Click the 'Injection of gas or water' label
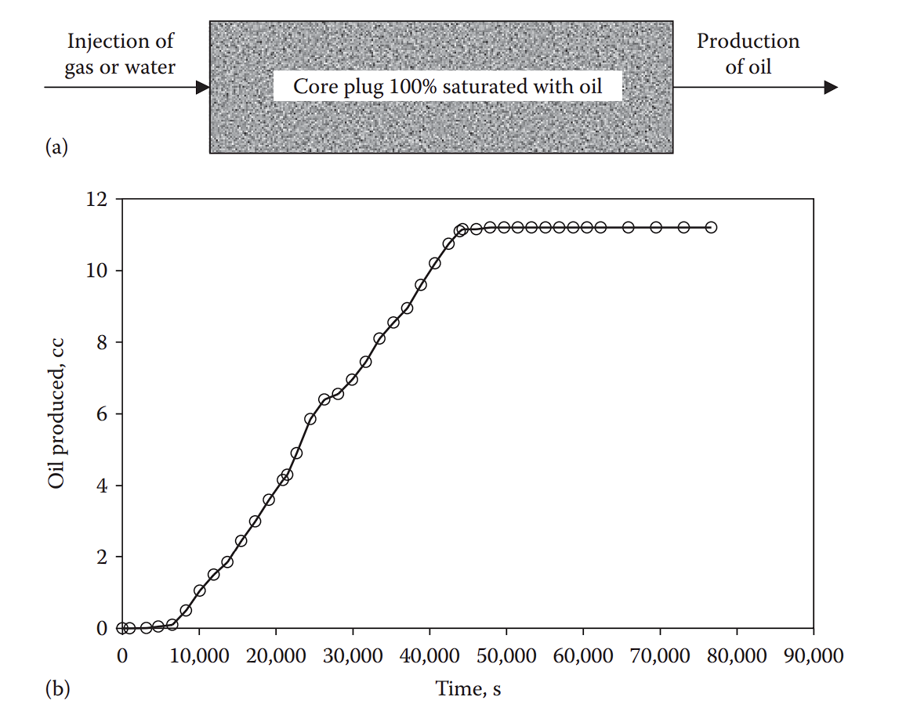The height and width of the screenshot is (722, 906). pos(121,53)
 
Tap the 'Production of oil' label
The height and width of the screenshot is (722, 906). pos(748,53)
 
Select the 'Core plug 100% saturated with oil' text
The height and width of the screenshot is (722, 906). pos(448,86)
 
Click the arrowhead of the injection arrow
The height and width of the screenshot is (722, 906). pos(203,87)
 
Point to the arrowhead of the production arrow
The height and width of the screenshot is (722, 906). pos(832,87)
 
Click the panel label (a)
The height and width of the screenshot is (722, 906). pos(57,147)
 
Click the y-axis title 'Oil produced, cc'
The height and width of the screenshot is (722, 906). pos(56,413)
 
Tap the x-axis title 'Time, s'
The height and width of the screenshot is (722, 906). pos(469,689)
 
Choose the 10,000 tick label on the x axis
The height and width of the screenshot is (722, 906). pos(199,655)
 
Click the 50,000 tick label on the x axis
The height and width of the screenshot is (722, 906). pos(506,655)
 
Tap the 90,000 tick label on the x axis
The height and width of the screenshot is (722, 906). pos(813,655)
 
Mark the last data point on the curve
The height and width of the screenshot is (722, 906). pos(711,227)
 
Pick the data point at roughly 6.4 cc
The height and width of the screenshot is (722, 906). pos(324,399)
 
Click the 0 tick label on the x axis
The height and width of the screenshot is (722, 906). pos(122,655)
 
